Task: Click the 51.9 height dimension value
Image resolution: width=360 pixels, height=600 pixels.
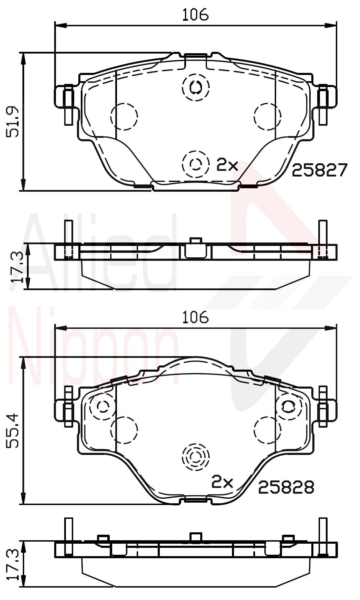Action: coord(14,122)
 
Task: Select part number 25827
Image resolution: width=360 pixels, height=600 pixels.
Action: coord(319,170)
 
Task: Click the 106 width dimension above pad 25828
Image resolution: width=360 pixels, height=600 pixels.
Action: coord(195,317)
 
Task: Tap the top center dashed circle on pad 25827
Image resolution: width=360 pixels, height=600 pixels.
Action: coord(196,87)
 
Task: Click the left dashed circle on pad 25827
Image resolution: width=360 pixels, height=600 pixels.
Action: coord(124,116)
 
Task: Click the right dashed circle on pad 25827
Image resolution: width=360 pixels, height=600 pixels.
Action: coord(267,116)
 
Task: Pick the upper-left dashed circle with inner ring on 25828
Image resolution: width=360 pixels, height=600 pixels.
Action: coord(103,406)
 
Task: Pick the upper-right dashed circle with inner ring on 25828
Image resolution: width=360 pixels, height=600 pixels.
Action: coord(288,406)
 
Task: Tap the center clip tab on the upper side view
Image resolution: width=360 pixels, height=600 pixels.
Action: coord(196,248)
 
